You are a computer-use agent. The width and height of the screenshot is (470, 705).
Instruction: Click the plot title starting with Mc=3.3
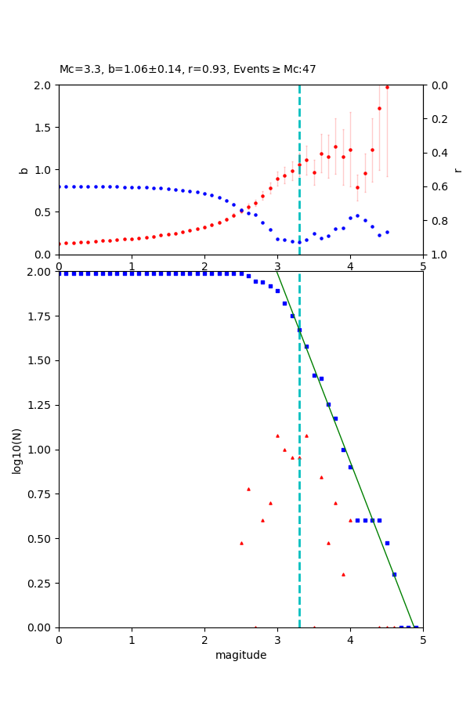(187, 69)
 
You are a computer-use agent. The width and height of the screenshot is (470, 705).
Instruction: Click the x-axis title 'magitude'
(240, 655)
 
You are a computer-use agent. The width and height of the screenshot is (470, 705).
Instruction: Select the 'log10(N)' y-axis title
(16, 450)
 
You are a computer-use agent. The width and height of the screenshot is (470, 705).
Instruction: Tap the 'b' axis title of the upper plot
(23, 169)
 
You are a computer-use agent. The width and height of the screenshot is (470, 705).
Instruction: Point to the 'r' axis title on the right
(457, 169)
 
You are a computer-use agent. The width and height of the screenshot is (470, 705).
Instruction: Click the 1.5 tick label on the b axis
(44, 128)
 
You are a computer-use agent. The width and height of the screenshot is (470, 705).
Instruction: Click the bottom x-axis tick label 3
(277, 640)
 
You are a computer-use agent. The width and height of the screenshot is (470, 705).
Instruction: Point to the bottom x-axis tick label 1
(132, 640)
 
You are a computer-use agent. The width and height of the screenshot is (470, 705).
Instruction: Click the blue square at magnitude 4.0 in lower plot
(350, 467)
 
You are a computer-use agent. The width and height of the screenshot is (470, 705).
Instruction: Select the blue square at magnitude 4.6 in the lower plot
(394, 574)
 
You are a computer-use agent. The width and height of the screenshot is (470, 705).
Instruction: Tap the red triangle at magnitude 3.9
(343, 574)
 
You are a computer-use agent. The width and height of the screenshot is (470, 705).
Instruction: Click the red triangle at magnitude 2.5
(241, 543)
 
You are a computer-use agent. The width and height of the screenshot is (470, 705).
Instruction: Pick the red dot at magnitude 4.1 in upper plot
(357, 187)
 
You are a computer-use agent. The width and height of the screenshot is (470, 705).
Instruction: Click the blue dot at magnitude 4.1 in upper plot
(357, 215)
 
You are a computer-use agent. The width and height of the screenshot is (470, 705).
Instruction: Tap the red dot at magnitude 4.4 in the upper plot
(379, 108)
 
